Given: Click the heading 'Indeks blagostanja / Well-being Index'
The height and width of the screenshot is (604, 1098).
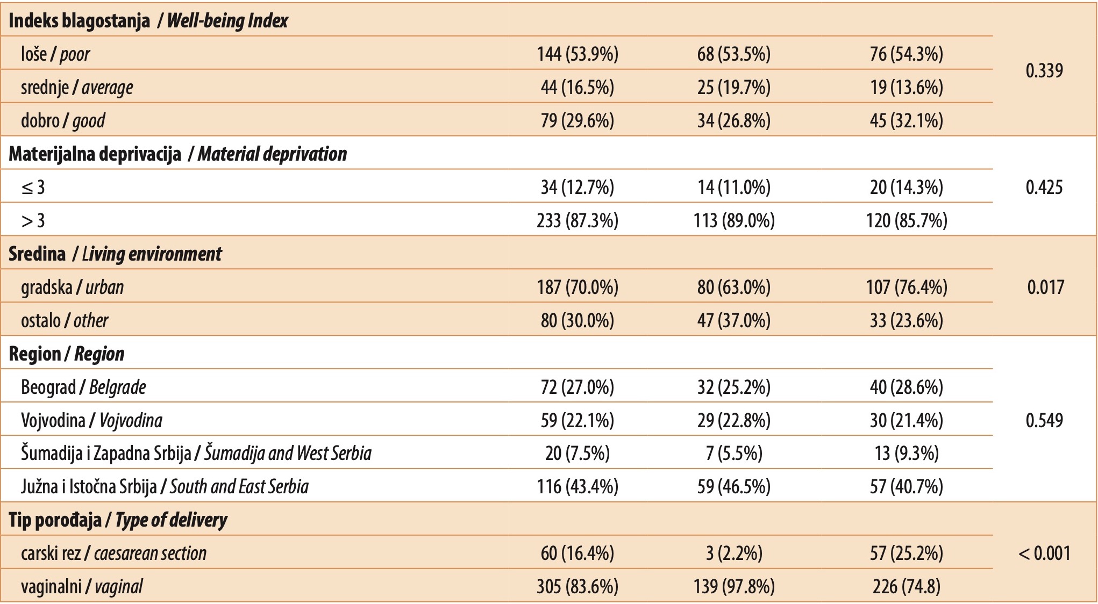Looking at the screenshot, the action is [148, 20].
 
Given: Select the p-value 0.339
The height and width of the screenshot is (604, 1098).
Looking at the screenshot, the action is [1044, 70].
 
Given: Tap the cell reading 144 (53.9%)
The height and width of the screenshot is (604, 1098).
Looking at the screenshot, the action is [577, 54].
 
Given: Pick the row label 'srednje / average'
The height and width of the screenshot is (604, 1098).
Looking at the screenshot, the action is [77, 88].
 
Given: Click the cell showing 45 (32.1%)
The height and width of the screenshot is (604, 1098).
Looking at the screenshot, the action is [907, 120].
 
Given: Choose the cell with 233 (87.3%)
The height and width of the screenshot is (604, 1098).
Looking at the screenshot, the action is [577, 220].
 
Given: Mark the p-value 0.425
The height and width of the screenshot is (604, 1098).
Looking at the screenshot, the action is [1044, 187].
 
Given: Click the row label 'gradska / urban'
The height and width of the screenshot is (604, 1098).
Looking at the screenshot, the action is [73, 287].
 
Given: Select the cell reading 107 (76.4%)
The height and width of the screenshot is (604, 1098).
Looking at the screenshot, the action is [907, 287].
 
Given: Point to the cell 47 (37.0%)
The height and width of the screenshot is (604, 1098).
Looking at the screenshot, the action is [734, 320].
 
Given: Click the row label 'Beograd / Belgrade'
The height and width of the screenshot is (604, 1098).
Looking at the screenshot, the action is [83, 387].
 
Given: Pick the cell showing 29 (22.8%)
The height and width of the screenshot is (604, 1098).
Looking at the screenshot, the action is [734, 420].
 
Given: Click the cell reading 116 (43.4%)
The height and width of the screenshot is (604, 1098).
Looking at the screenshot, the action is [577, 487].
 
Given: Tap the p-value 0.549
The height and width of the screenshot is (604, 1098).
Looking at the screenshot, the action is [1044, 420].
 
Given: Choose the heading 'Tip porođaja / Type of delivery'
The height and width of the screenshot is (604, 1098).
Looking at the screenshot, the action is [118, 520].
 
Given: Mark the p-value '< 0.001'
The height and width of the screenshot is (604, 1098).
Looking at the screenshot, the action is [1044, 553].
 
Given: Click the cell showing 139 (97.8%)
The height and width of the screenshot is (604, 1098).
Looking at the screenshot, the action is [734, 586].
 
